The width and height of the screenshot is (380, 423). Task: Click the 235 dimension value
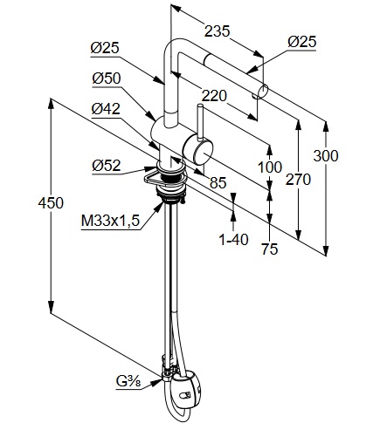click(217, 31)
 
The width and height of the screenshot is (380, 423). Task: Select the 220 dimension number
click(214, 96)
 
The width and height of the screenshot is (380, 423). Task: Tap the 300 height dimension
click(326, 156)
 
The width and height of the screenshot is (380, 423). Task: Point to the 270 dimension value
click(298, 179)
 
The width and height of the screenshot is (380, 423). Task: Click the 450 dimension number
click(51, 202)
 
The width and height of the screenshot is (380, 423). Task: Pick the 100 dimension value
click(270, 167)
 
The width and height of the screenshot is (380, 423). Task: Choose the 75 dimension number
click(270, 249)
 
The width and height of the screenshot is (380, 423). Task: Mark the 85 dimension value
click(218, 182)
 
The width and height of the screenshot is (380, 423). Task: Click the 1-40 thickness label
click(234, 240)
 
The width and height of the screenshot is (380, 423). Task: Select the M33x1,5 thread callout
click(110, 221)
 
